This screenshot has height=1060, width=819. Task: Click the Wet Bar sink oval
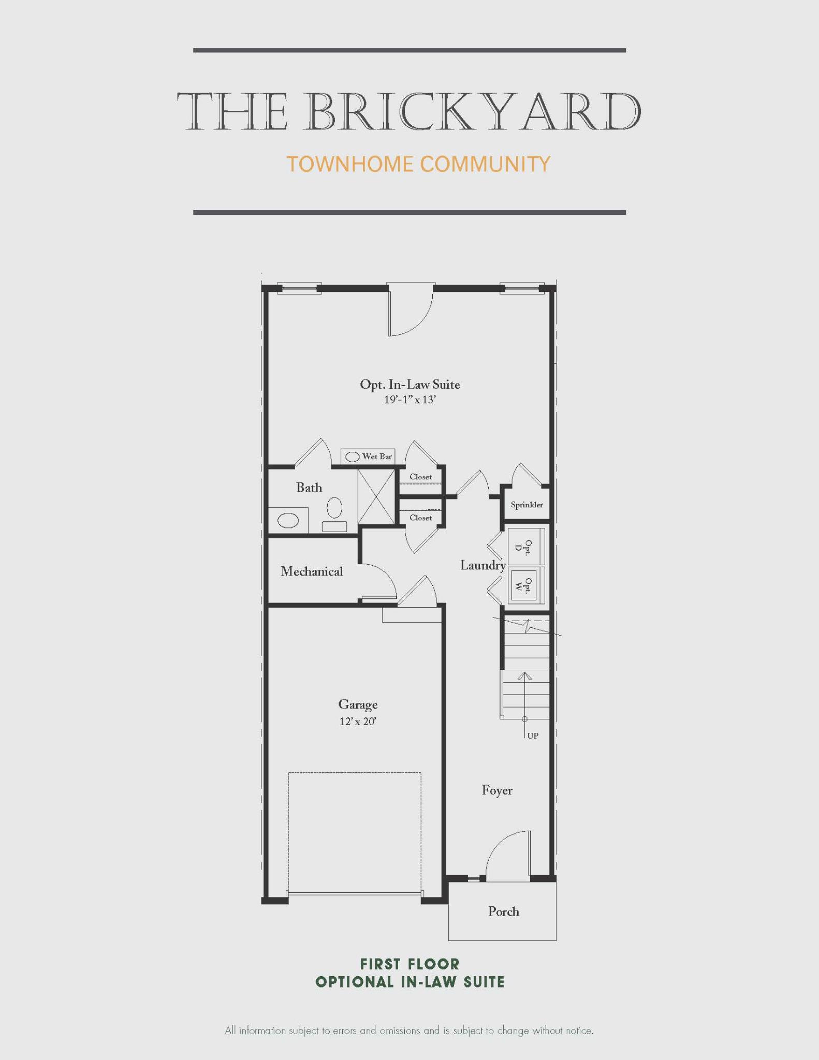(x=353, y=457)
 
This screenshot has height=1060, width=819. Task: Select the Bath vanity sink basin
(x=288, y=520)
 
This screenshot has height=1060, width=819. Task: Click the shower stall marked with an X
(x=376, y=496)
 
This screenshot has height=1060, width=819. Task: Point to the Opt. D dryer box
(x=526, y=547)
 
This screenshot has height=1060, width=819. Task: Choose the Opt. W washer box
(x=526, y=585)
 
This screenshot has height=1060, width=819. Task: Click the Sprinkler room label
(x=526, y=505)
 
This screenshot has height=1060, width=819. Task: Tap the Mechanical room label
(x=312, y=571)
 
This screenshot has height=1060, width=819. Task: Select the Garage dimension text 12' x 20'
(x=358, y=722)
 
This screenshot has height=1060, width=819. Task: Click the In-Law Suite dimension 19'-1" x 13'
(x=409, y=400)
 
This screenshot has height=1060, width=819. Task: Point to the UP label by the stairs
(x=533, y=735)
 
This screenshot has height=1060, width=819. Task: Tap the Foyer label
(x=497, y=790)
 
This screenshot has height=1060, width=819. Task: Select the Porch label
(x=503, y=911)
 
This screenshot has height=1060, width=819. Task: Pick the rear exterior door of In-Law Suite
(x=410, y=308)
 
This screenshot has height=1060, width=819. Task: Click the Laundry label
(x=482, y=565)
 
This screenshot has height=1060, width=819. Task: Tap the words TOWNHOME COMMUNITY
(x=418, y=164)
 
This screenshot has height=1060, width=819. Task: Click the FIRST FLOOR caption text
(x=409, y=964)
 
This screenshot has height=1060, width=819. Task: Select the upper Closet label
(x=420, y=477)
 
